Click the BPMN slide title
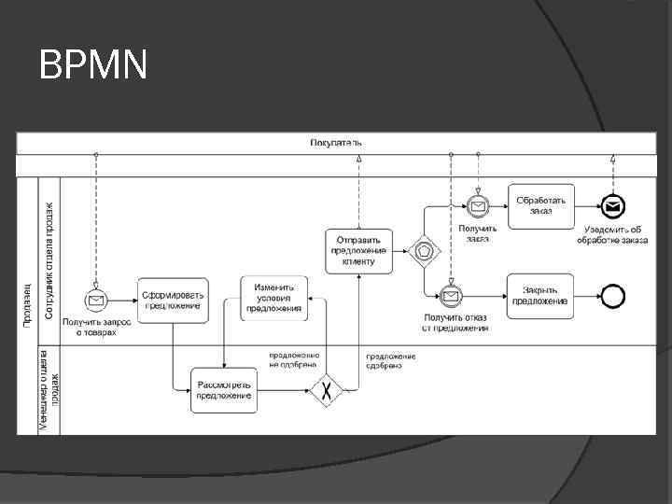click(94, 65)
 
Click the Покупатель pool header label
click(336, 143)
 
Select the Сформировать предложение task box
click(173, 300)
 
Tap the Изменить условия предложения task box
click(273, 299)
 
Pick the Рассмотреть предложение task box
click(224, 390)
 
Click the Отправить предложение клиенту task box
click(359, 250)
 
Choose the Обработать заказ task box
click(541, 205)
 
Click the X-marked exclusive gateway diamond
click(327, 390)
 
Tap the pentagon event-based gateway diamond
click(425, 250)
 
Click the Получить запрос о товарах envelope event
click(95, 300)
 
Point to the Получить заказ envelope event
click(477, 205)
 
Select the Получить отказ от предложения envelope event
click(452, 297)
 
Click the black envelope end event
click(612, 205)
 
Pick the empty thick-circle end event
click(612, 297)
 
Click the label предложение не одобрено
click(294, 360)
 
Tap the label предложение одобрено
click(390, 360)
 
